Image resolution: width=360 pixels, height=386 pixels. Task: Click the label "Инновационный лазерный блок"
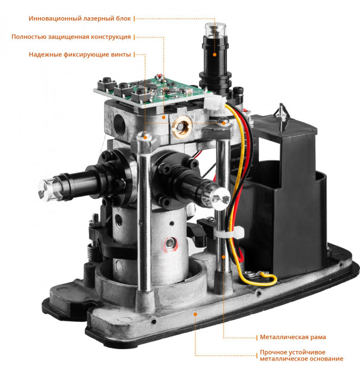click(x=80, y=18)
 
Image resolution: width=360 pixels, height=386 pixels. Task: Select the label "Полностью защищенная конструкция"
click(x=71, y=37)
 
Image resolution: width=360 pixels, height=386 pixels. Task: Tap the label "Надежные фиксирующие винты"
click(x=80, y=55)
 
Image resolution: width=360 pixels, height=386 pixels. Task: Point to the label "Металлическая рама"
click(x=293, y=337)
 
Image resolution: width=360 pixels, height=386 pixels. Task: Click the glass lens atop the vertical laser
click(x=215, y=30)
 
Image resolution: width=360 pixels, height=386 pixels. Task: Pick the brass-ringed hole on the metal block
click(x=182, y=126)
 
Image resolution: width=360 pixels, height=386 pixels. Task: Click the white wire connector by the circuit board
click(x=214, y=102)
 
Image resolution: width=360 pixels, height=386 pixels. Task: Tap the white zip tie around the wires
click(x=229, y=233)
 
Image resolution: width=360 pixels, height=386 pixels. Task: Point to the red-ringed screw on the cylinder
click(x=170, y=243)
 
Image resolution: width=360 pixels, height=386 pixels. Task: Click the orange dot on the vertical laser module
click(x=214, y=55)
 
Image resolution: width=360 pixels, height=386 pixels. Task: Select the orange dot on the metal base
click(x=195, y=314)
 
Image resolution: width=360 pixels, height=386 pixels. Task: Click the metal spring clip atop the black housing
click(x=282, y=116)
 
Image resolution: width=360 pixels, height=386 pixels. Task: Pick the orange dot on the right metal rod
click(x=223, y=257)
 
